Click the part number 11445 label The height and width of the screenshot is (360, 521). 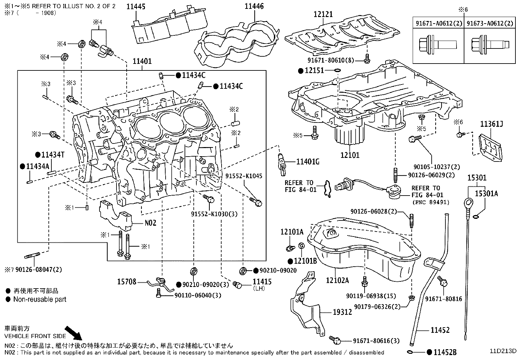pos(136,7)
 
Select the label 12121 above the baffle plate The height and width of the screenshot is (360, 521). pos(323,14)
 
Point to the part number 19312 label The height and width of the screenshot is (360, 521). pos(342,312)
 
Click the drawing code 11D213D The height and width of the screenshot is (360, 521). pos(503,351)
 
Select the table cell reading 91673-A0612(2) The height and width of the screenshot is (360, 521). pos(490,24)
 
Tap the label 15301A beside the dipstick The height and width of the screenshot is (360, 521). pos(486,194)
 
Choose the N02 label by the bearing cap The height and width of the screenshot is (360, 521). pos(151,223)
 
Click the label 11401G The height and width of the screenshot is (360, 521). pos(308,161)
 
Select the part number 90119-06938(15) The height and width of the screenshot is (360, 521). pos(371,296)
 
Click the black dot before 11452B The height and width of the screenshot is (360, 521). pos(430,352)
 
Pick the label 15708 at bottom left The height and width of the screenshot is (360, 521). pos(127,281)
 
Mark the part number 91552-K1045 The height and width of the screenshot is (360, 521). pos(244,176)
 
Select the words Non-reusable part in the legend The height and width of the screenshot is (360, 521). pos(40,299)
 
